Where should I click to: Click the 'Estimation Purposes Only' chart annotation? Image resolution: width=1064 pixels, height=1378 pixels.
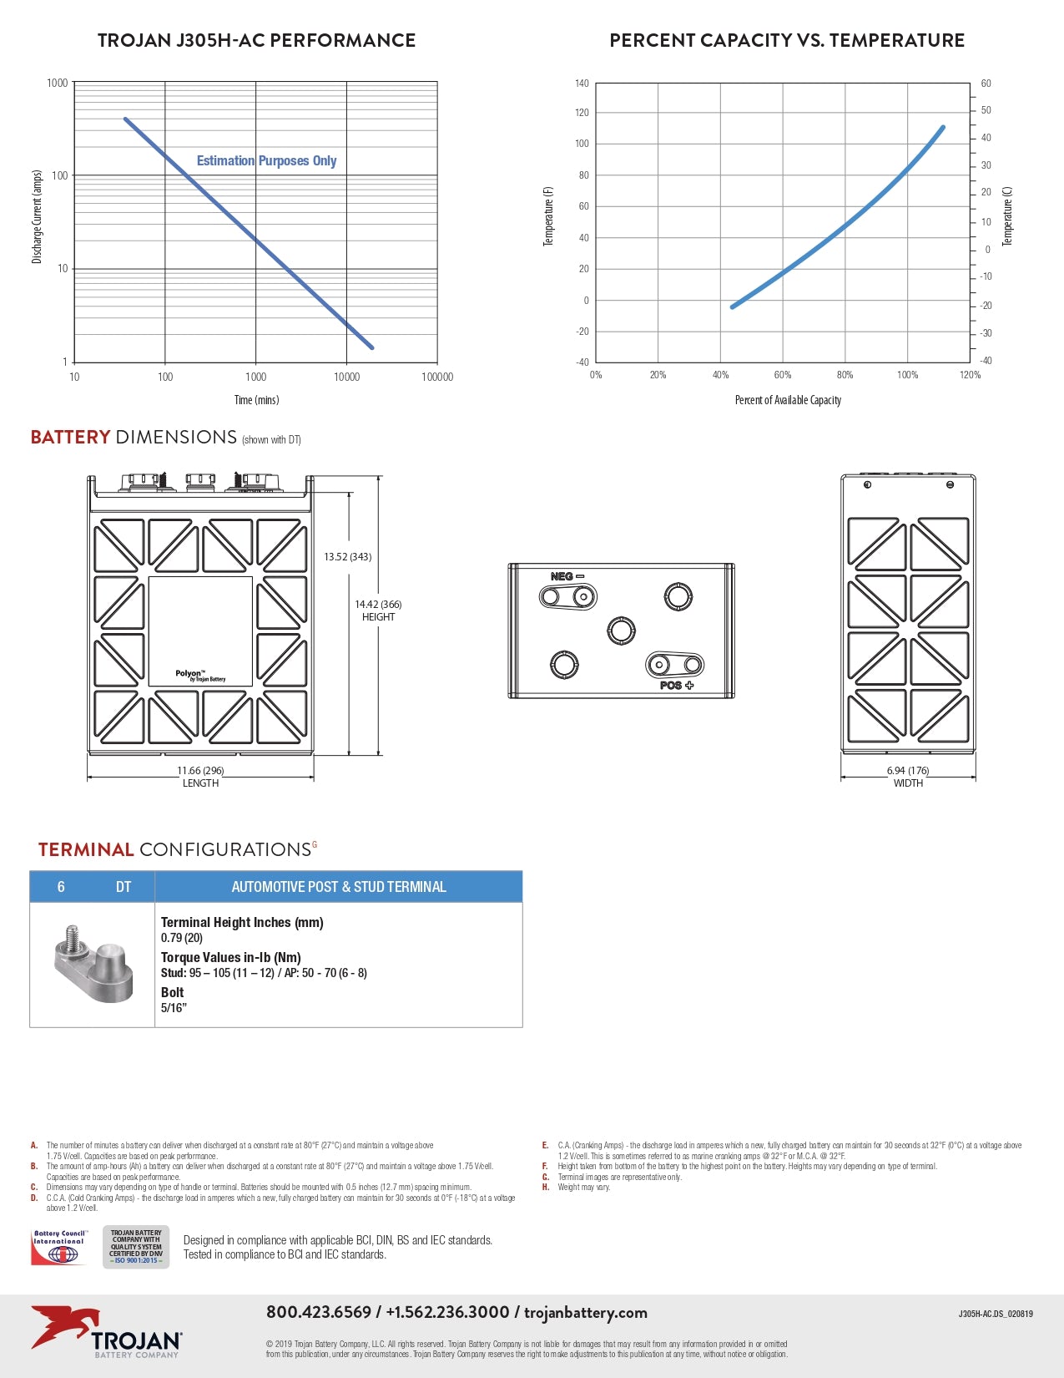coord(266,160)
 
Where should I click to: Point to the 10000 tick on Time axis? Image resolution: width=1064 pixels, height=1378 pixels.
coord(346,377)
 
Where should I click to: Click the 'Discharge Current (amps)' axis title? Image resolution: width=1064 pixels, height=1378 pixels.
coord(37,217)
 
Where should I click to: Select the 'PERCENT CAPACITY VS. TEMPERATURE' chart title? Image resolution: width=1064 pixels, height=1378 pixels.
coord(787,40)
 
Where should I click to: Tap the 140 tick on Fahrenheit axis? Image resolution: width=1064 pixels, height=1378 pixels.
coord(582,84)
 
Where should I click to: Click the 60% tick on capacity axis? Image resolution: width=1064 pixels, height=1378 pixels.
coord(782,375)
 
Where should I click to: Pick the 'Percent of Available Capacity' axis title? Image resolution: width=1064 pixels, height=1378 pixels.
coord(788,400)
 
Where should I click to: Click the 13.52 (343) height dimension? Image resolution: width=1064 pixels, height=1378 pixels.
coord(348,557)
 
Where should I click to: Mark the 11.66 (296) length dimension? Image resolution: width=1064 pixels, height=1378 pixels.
coord(200,771)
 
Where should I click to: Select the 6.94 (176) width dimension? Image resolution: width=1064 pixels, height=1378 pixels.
coord(908,771)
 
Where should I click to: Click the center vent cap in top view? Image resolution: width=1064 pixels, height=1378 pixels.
coord(622,630)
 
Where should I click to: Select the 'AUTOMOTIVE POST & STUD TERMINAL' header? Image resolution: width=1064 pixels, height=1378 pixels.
coord(339,887)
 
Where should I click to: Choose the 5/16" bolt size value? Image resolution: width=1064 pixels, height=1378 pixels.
coord(174,1008)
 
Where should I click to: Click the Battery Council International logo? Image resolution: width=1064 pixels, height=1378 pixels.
coord(59,1247)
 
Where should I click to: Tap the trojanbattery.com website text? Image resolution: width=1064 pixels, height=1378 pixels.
coord(586,1312)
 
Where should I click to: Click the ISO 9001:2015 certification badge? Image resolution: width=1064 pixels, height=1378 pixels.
coord(136,1247)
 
